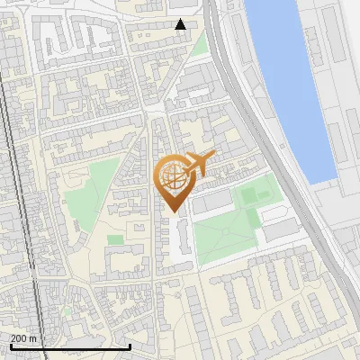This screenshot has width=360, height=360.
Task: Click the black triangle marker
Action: coord(181,24)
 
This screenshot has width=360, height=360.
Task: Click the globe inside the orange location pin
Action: coord(173,177)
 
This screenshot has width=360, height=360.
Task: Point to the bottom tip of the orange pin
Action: coord(172,212)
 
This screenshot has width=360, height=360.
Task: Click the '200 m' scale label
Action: coord(24,337)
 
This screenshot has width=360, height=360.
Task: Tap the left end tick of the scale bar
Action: coord(11,346)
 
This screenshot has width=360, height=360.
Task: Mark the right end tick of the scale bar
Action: coord(130,346)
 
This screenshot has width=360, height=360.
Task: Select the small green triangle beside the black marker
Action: coord(198,44)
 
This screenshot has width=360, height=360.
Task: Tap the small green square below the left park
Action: coord(115,240)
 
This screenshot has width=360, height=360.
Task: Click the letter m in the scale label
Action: coord(33,337)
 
